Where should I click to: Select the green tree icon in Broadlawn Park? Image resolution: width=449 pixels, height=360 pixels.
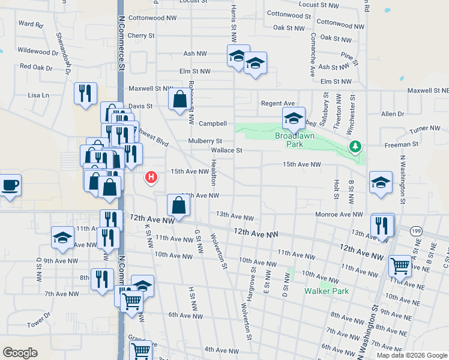[x=355, y=146]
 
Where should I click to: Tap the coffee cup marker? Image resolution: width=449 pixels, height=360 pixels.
[x=10, y=184]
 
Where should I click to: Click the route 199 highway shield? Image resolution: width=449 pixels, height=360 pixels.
[x=415, y=230]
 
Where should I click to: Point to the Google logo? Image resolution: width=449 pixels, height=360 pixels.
[x=20, y=353]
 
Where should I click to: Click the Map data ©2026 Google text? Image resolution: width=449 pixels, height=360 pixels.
[x=412, y=355]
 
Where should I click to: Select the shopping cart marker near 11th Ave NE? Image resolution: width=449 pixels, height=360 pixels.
[x=400, y=265]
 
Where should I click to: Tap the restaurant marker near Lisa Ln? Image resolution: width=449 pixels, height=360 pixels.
[x=85, y=93]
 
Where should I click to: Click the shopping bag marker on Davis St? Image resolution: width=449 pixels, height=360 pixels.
[x=179, y=98]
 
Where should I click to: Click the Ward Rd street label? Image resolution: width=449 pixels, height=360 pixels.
[x=31, y=25]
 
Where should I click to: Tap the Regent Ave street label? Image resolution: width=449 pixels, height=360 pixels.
[x=278, y=103]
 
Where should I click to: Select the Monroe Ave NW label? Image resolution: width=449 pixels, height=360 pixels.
[x=340, y=214]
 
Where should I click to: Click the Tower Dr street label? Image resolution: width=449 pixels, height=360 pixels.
[x=38, y=325]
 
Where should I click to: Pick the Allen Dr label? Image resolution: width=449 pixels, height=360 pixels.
[x=393, y=113]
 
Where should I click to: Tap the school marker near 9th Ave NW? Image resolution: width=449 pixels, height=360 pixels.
[x=62, y=237]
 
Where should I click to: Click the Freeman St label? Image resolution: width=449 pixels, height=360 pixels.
[x=402, y=144]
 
